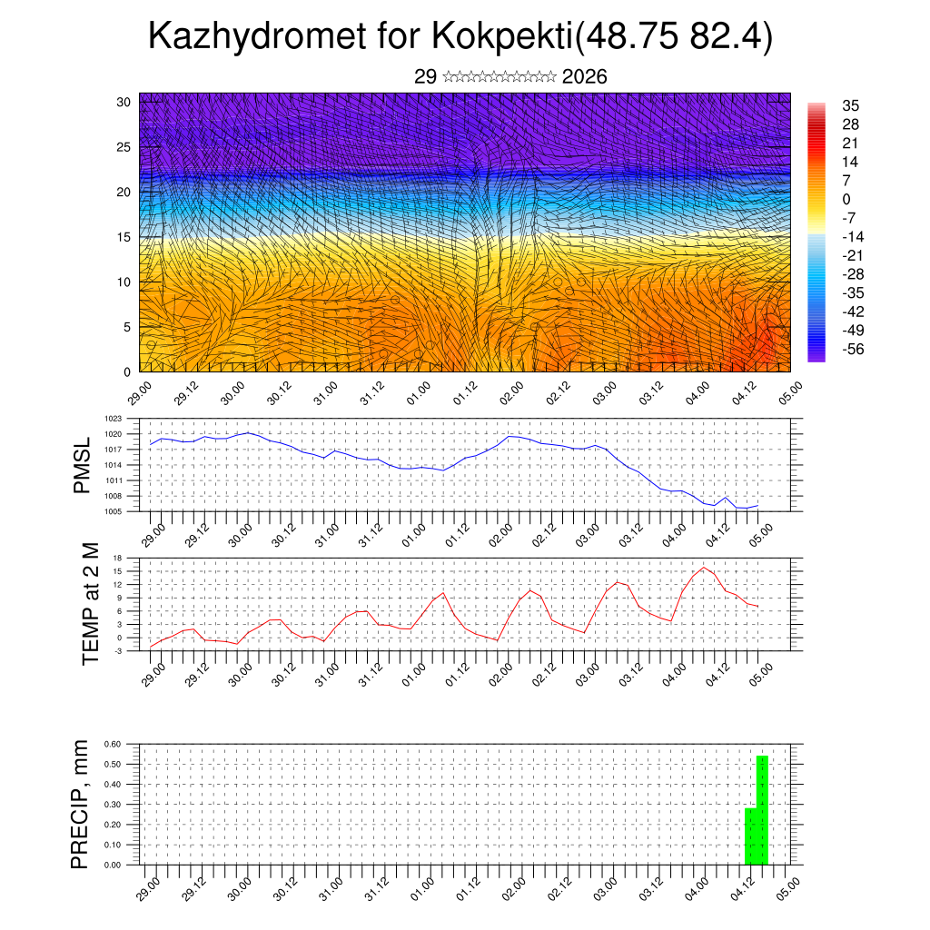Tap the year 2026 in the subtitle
(584, 77)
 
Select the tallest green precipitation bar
(763, 809)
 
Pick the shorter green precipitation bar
(750, 836)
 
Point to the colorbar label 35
(851, 105)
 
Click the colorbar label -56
(852, 349)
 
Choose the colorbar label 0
(846, 199)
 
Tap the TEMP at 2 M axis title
(90, 603)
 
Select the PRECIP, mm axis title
(82, 803)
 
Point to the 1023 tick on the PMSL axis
(113, 419)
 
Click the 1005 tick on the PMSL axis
(113, 511)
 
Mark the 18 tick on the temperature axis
(117, 558)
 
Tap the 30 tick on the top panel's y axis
(124, 102)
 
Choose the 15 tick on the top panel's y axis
(124, 237)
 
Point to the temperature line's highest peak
(703, 568)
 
